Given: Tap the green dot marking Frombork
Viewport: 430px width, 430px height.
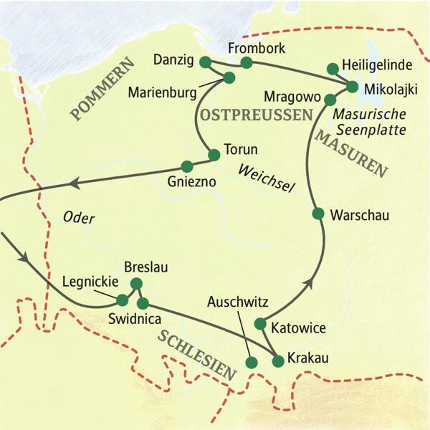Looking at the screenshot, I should [247, 63].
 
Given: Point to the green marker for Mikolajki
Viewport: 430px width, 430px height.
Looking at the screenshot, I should [352, 86].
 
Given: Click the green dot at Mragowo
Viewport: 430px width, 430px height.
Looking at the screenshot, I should [330, 99].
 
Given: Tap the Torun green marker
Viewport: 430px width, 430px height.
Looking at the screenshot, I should [213, 155].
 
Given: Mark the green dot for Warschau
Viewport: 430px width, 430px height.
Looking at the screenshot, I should [318, 214].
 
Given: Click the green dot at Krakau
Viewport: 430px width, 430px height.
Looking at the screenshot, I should [278, 360].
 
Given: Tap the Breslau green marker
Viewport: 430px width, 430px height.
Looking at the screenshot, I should [135, 282].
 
